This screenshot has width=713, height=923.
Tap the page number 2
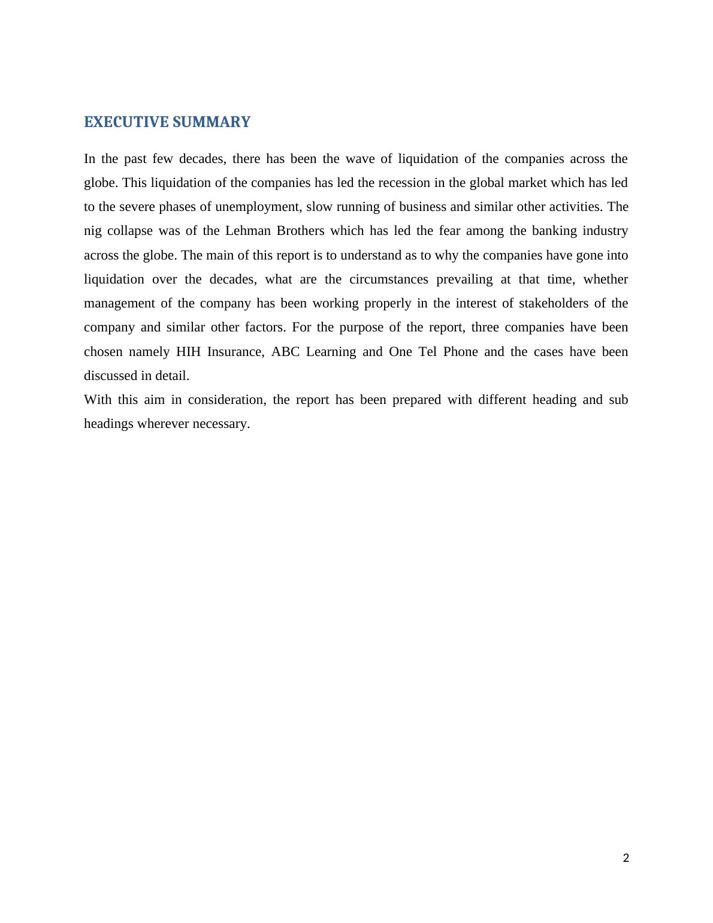626,858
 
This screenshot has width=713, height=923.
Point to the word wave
359,159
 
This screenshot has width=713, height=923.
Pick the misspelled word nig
93,231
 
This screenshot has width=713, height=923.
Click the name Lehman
248,231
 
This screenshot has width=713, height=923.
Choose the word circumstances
389,279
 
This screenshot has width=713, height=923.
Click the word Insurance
235,352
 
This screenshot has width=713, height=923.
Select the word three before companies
485,327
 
